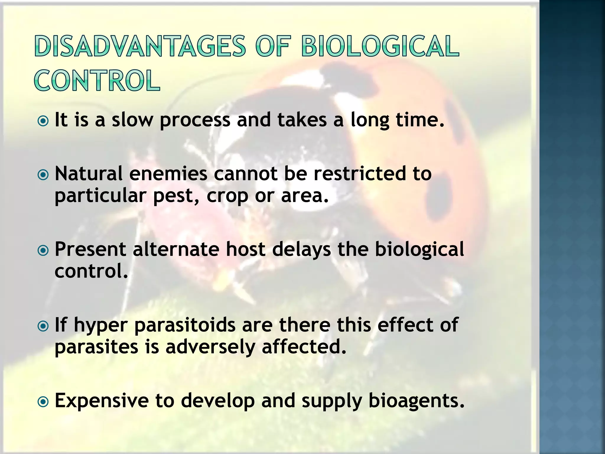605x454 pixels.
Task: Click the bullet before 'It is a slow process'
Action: (43, 121)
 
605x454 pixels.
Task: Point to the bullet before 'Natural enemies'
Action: (43, 175)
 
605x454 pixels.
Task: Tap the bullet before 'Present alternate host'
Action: (43, 251)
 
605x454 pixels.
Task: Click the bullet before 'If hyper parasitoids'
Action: (43, 326)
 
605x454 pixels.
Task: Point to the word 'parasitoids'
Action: (185, 325)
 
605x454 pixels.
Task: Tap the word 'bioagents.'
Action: (416, 401)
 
